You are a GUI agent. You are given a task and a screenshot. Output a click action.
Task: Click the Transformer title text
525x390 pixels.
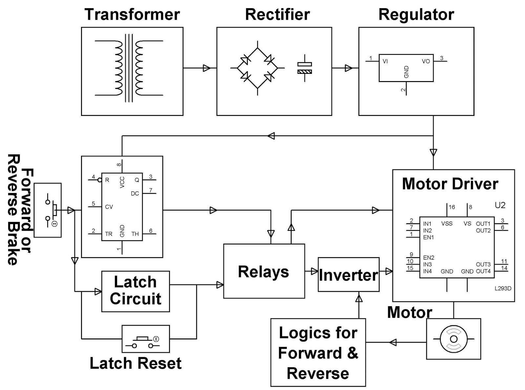click(x=132, y=14)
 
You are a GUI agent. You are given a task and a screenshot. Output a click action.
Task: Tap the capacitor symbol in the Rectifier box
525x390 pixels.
click(x=304, y=68)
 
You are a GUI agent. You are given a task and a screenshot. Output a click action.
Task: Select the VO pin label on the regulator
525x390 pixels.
click(x=426, y=61)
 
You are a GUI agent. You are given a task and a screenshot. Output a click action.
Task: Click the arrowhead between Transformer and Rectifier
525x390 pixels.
click(x=207, y=68)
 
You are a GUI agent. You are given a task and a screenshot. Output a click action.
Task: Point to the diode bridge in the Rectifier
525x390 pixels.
click(x=257, y=68)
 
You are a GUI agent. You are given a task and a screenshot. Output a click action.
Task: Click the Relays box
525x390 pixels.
click(x=264, y=271)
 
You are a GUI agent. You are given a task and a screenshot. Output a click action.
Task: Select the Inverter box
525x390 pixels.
click(x=348, y=275)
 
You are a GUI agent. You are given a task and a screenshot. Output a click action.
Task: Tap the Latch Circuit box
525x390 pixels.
click(x=136, y=291)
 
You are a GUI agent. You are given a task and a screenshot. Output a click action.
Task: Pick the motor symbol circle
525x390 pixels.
click(x=453, y=339)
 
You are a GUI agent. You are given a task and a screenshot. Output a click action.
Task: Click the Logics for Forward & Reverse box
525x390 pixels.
click(x=318, y=353)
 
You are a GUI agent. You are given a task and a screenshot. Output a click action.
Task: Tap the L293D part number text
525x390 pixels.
click(x=503, y=289)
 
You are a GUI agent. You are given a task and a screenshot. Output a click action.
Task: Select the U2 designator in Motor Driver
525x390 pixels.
click(x=500, y=205)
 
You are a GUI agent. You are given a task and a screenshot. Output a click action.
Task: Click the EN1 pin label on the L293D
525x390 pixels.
click(x=428, y=237)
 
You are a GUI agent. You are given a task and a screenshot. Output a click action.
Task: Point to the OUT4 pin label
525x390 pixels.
click(x=483, y=271)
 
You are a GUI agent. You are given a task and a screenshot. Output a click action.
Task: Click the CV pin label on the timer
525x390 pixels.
click(x=109, y=207)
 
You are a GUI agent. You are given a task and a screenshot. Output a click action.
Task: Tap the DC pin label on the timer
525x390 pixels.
click(x=135, y=193)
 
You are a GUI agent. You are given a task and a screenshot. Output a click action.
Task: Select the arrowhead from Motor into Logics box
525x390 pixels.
click(x=392, y=342)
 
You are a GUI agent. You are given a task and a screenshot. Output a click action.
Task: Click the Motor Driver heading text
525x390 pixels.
click(x=450, y=184)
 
